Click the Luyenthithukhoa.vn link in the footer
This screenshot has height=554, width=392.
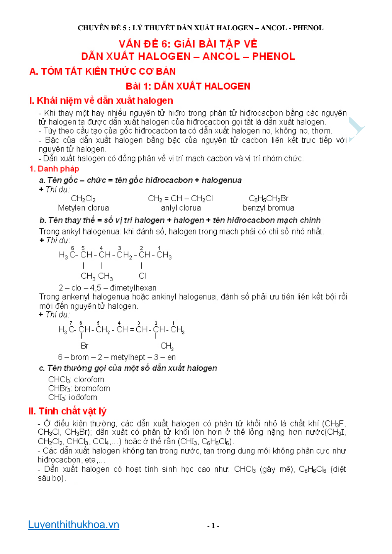coord(73,525)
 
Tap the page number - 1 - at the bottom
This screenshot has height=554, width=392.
coord(213,526)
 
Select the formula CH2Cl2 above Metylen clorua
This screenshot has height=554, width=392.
coord(83,199)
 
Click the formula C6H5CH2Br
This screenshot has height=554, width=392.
coord(268,199)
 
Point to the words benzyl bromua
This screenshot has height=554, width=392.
coord(268,208)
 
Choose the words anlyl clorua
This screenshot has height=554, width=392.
coord(181,208)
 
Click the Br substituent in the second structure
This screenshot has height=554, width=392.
coord(84,346)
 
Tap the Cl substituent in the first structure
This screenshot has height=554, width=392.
coord(142,276)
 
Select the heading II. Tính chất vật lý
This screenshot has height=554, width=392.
coord(67,411)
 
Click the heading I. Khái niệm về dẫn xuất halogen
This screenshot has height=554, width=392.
coord(101,101)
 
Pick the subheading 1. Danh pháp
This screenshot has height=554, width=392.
coord(54,169)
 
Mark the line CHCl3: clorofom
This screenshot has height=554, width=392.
coord(76,380)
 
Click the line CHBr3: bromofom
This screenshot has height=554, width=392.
coord(79,388)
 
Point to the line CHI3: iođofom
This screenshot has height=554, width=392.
coord(72,398)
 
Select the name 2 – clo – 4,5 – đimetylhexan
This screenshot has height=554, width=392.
coord(107,288)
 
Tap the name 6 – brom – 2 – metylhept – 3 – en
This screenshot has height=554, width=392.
coord(117,357)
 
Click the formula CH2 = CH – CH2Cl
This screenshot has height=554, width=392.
coord(180,199)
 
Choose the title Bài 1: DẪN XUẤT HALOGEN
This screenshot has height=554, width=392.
coord(188,86)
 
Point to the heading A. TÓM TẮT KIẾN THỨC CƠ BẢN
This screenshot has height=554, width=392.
coord(103,72)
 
